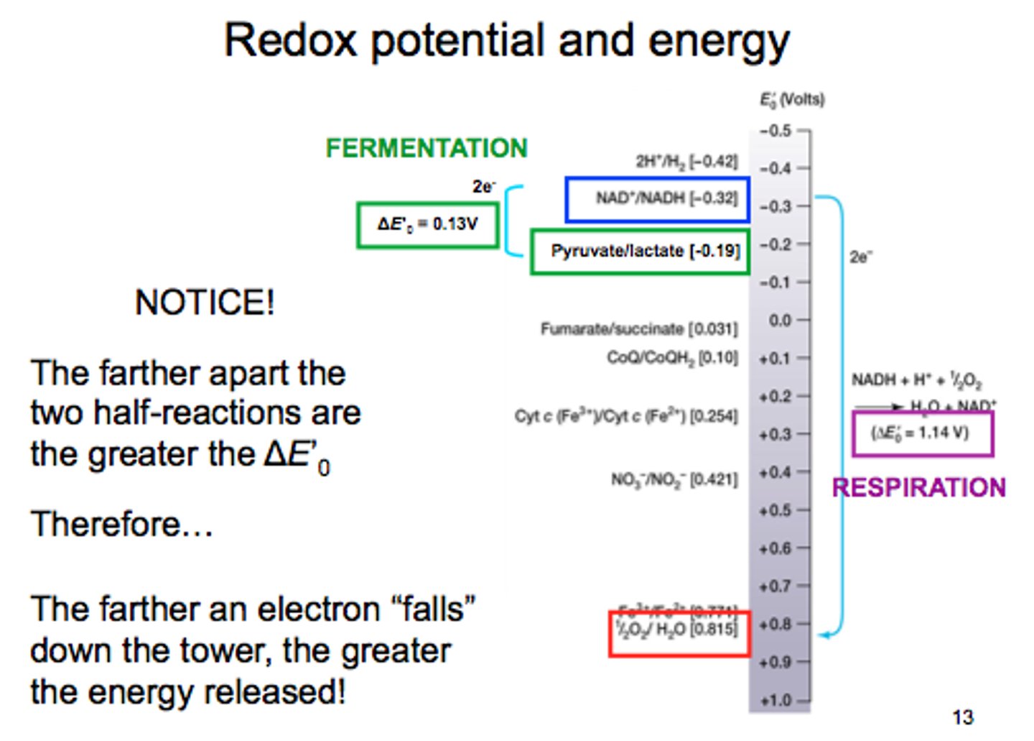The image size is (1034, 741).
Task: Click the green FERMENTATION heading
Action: coord(427,148)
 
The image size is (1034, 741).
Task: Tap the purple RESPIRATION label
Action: coord(918,488)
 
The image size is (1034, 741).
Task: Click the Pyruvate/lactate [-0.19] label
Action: coord(645,251)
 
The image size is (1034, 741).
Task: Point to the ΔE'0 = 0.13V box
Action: coord(427,224)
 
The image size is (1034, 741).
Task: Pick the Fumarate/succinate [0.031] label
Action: coord(638,329)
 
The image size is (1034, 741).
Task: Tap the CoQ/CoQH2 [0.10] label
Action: coord(672,357)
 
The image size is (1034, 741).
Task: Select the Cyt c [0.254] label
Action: coord(625,416)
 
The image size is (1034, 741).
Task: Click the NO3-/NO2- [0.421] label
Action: coord(674,479)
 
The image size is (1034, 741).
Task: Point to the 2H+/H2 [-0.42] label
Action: coord(686,161)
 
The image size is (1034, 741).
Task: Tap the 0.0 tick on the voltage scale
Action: coord(779,321)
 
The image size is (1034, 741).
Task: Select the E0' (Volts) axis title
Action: coord(792,99)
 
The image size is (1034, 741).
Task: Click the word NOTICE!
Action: coord(205,303)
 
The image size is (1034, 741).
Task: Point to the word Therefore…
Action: coord(122,524)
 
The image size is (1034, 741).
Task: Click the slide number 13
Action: coord(962,717)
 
